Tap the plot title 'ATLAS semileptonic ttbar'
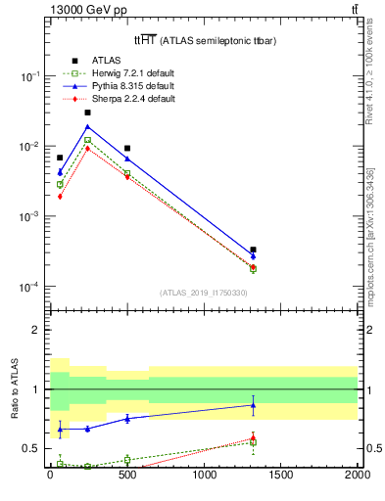click(x=199, y=40)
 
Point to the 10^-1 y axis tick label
click(x=29, y=76)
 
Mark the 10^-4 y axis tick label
click(x=29, y=287)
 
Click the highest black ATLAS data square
click(x=87, y=113)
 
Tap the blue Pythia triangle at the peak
click(x=87, y=126)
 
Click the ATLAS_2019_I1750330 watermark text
click(x=203, y=293)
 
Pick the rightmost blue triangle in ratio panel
click(x=253, y=404)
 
